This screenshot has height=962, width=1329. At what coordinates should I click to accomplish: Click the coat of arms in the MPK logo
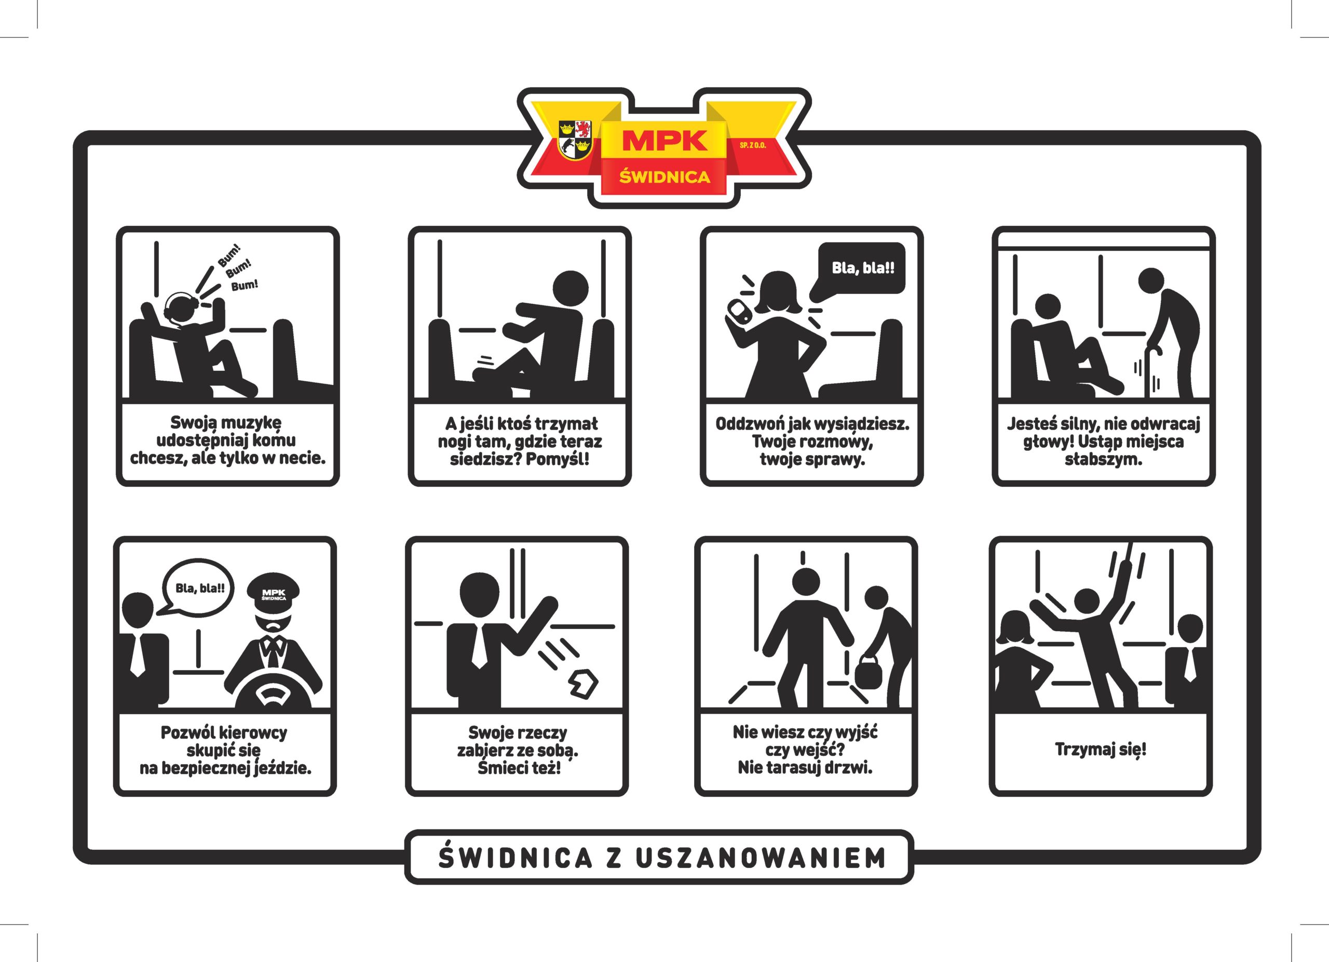(575, 140)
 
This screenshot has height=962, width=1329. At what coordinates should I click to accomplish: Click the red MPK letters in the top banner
(664, 141)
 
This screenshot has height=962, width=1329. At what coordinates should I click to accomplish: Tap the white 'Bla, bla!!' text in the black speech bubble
(863, 268)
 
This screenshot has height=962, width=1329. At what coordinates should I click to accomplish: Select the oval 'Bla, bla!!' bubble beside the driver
(199, 588)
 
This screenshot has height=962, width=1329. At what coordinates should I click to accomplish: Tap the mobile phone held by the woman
(738, 311)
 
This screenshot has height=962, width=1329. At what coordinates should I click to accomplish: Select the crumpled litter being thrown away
(583, 683)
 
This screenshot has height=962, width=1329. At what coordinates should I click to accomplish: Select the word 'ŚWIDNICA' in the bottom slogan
(515, 858)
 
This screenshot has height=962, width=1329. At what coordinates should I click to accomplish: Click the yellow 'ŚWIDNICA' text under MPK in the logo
(664, 177)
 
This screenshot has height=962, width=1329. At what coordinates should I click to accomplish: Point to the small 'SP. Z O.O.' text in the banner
(753, 145)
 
